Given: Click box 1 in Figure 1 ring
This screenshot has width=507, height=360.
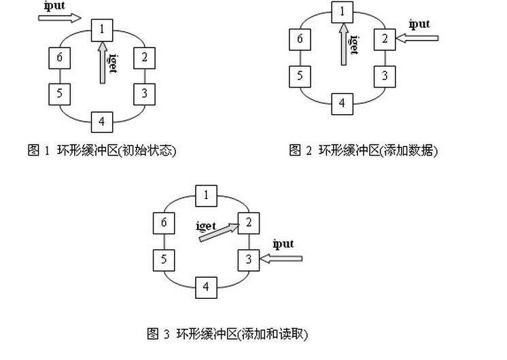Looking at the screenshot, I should coord(101,29).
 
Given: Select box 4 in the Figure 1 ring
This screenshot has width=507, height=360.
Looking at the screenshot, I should coord(101,122).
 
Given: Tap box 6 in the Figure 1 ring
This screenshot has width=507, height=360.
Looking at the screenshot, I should coord(60,58).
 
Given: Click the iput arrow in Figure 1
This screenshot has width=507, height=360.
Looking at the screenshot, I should coord(60,17).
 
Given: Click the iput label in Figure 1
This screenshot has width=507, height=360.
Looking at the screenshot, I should coord(54,5).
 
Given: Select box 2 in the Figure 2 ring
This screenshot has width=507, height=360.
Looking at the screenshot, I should coord(384,39).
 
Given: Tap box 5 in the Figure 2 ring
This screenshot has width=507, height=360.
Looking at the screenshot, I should coord(300,75).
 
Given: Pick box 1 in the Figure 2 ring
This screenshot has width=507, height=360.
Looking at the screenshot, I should coord(342,12).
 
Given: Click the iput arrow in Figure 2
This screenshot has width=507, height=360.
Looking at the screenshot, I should coord(417,39).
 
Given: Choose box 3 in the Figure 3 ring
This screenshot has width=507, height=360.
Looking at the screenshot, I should coord(248,259).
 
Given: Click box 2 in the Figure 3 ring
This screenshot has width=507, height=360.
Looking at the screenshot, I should coord(248,222).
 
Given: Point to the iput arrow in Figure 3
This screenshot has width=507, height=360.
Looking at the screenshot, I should coord(281,258).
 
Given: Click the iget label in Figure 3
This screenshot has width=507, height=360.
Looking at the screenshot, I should coord(205,226).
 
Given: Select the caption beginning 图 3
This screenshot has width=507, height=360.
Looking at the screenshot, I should coord(228,334).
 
